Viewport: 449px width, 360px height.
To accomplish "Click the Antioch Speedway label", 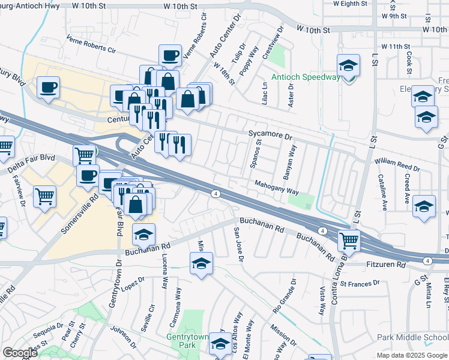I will [305, 77].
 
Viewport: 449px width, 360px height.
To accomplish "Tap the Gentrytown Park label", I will [182, 341].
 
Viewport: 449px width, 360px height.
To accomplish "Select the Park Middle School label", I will [412, 337].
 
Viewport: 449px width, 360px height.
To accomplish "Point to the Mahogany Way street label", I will [276, 188].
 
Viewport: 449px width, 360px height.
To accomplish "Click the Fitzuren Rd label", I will [385, 264].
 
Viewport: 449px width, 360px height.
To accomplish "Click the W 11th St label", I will [395, 46].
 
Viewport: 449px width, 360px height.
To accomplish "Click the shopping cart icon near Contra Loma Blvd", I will [349, 241].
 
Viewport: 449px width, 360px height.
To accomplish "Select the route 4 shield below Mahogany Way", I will [215, 193].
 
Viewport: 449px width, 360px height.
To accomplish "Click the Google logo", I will [20, 353].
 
